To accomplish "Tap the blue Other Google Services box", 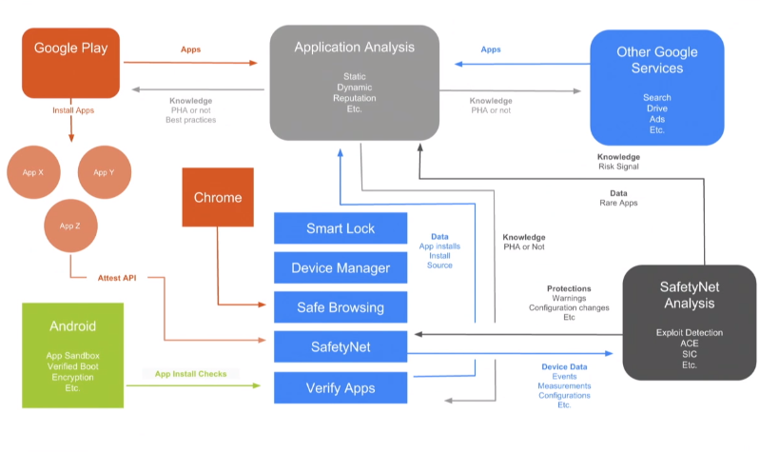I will (x=656, y=87).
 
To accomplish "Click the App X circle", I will (x=33, y=172).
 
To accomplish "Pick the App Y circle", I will (x=104, y=172).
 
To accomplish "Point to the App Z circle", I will (x=68, y=226).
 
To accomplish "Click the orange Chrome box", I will (x=218, y=198).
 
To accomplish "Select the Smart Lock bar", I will (x=341, y=228).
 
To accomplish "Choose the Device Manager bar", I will (x=341, y=267).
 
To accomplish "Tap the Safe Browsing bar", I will (x=341, y=307).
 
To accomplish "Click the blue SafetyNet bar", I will (x=341, y=347).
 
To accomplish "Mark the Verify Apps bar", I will (x=341, y=387).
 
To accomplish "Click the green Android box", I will (x=73, y=355).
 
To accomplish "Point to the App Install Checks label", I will (x=191, y=374).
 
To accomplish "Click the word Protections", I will (x=569, y=288).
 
